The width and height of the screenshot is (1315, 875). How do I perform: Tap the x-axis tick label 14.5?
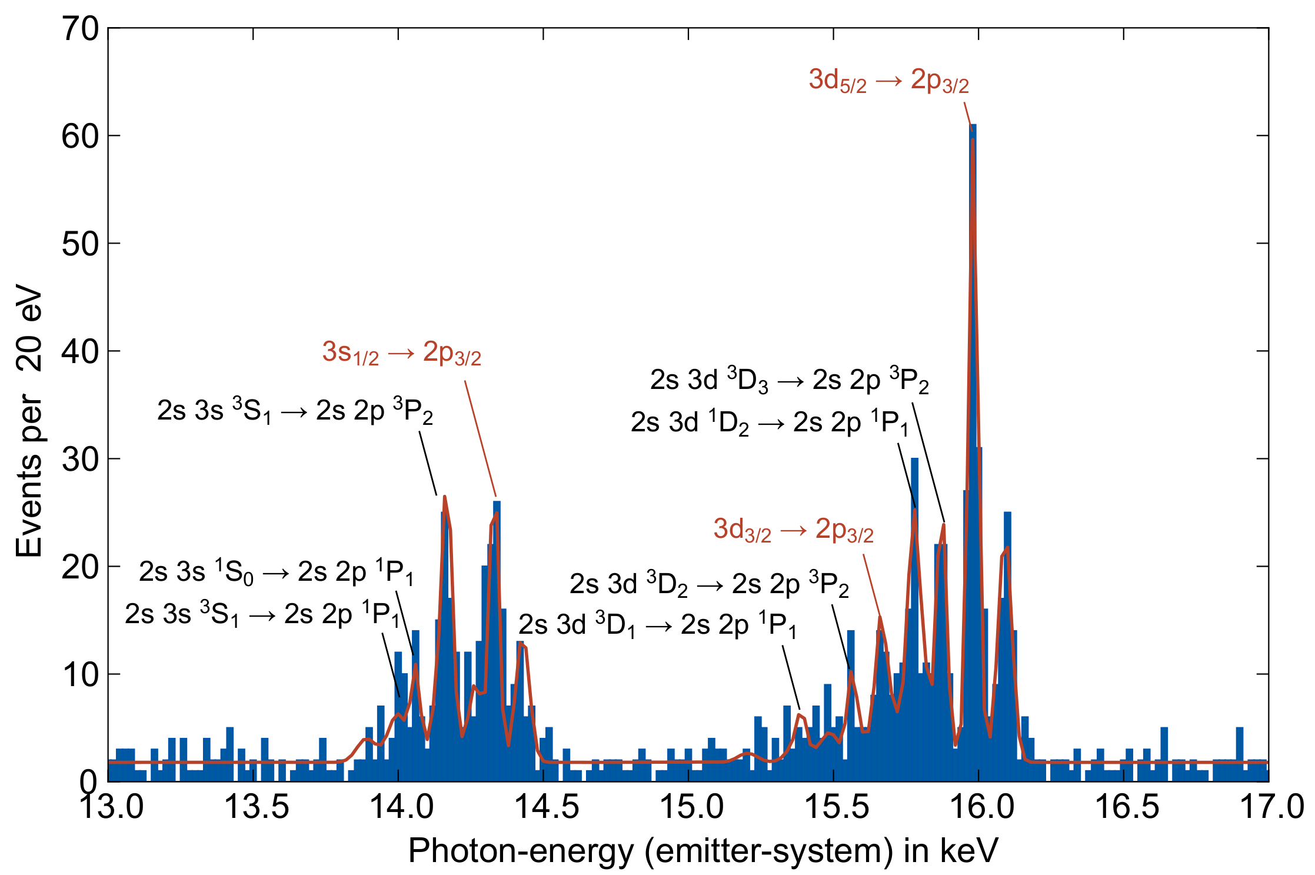(547, 806)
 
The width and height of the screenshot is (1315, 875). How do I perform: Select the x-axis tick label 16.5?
(1126, 806)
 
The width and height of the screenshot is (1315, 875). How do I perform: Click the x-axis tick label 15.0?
(691, 806)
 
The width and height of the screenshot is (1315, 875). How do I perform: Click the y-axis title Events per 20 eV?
(29, 421)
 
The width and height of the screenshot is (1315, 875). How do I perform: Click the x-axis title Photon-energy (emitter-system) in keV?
(703, 850)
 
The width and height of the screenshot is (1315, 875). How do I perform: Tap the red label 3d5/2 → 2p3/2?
(888, 81)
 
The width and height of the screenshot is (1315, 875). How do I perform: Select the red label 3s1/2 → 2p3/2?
(402, 353)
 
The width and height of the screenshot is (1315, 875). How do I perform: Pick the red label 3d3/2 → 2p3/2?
(793, 530)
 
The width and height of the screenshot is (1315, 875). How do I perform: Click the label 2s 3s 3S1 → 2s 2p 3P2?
(295, 411)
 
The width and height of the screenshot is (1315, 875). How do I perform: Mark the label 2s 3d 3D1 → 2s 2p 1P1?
(657, 625)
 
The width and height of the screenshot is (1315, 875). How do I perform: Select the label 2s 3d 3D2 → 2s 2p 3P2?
(709, 584)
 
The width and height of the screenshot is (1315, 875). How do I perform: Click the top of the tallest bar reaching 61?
(973, 125)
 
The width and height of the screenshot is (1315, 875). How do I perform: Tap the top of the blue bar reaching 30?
(914, 459)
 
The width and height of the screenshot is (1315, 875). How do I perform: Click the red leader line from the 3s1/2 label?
(480, 438)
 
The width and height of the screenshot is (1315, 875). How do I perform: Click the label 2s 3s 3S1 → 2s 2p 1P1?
(262, 614)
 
